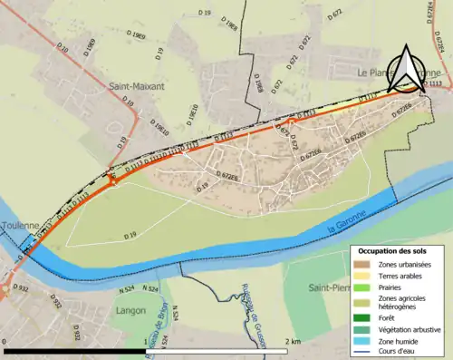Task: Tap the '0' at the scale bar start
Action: click(5, 341)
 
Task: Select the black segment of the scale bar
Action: click(76, 350)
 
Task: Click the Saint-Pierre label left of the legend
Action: click(329, 287)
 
